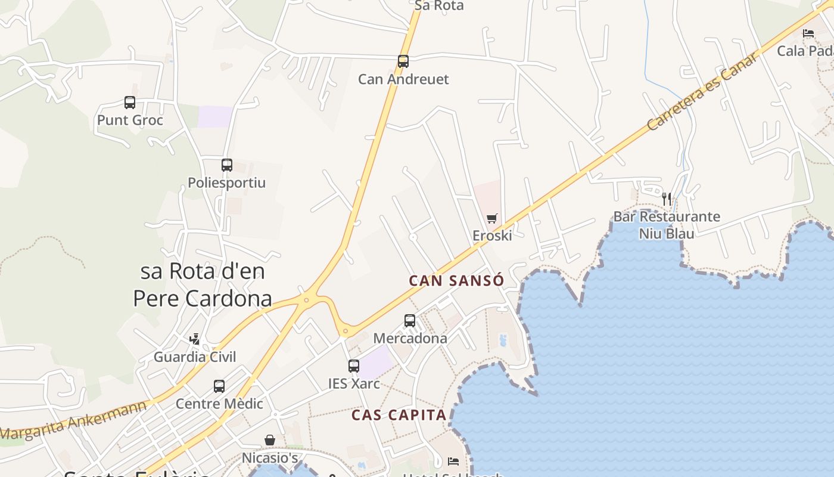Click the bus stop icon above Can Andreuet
[403, 61]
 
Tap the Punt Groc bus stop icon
[130, 102]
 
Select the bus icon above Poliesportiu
[227, 165]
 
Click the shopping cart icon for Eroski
[491, 219]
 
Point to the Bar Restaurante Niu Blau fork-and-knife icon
[667, 199]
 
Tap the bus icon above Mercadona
[410, 320]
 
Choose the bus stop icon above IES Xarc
[354, 366]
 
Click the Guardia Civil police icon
[194, 339]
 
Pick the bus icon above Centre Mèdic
[219, 386]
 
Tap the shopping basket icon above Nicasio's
[270, 440]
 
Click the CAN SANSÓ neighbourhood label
[457, 281]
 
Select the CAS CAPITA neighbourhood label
[399, 415]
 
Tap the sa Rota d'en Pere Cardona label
[203, 285]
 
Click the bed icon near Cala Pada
[808, 33]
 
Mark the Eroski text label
[492, 236]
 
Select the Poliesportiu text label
[227, 182]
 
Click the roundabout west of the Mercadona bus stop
[346, 330]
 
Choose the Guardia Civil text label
[195, 357]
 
